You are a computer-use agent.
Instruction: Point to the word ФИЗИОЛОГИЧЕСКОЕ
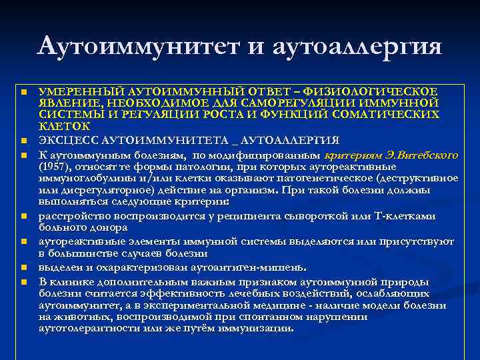pyautogui.click(x=387, y=91)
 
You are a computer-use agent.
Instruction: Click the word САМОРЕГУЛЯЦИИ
pyautogui.click(x=293, y=103)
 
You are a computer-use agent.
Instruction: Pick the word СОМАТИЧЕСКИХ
pyautogui.click(x=395, y=114)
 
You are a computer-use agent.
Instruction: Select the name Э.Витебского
pyautogui.click(x=421, y=155)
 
